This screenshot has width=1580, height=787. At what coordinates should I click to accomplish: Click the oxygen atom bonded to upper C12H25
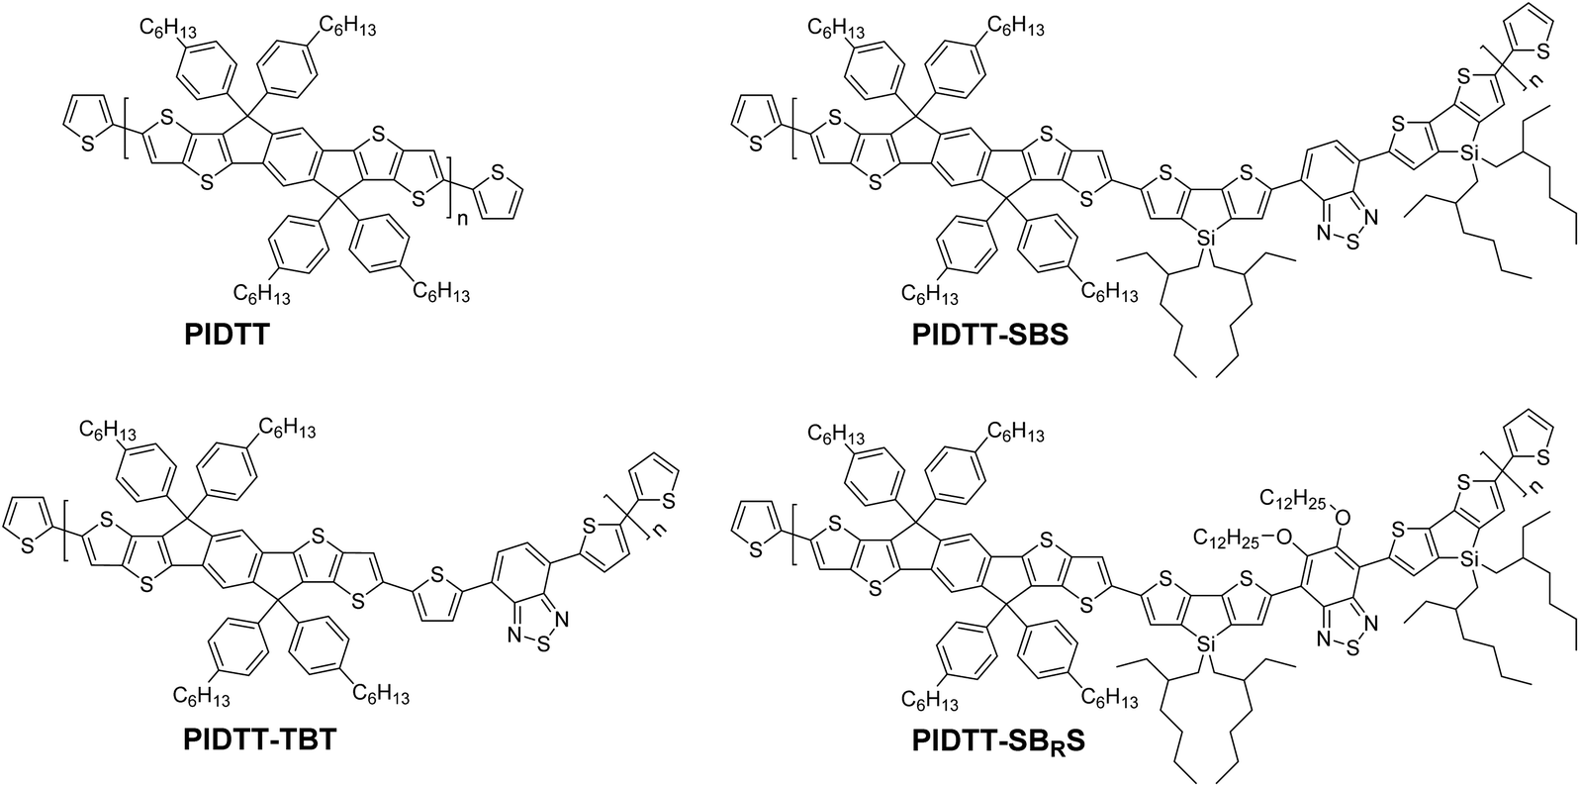pyautogui.click(x=1341, y=515)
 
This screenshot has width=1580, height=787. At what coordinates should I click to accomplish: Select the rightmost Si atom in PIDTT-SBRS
pyautogui.click(x=1470, y=561)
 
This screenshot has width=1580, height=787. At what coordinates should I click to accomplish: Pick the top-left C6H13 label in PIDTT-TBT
pyautogui.click(x=107, y=430)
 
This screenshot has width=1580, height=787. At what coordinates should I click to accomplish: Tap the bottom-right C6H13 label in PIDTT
pyautogui.click(x=441, y=292)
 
